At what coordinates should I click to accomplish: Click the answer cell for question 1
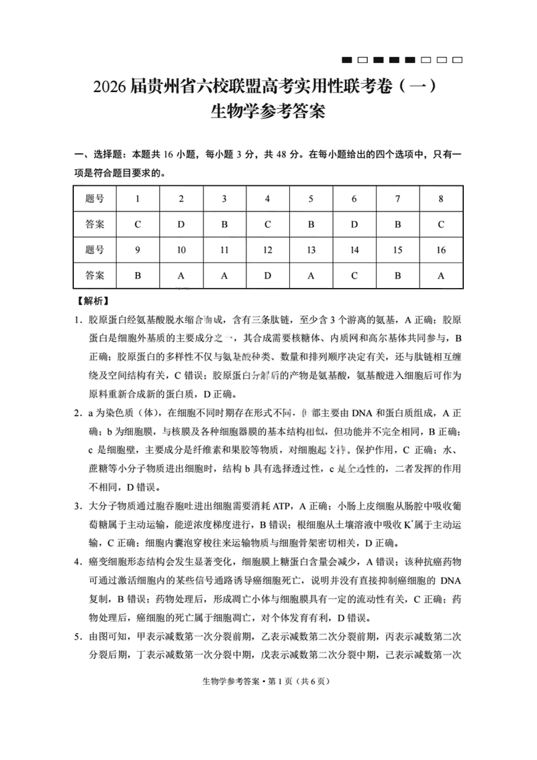pyautogui.click(x=138, y=225)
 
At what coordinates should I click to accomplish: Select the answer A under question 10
pyautogui.click(x=181, y=275)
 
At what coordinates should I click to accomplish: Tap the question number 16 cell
pyautogui.click(x=441, y=250)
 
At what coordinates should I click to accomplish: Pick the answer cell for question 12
pyautogui.click(x=267, y=275)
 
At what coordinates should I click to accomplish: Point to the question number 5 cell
pyautogui.click(x=311, y=199)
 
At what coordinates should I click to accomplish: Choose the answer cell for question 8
pyautogui.click(x=441, y=225)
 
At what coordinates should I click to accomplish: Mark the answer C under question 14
pyautogui.click(x=354, y=275)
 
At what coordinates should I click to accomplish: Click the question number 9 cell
pyautogui.click(x=138, y=250)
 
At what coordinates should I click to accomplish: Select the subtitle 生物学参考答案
pyautogui.click(x=268, y=111)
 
